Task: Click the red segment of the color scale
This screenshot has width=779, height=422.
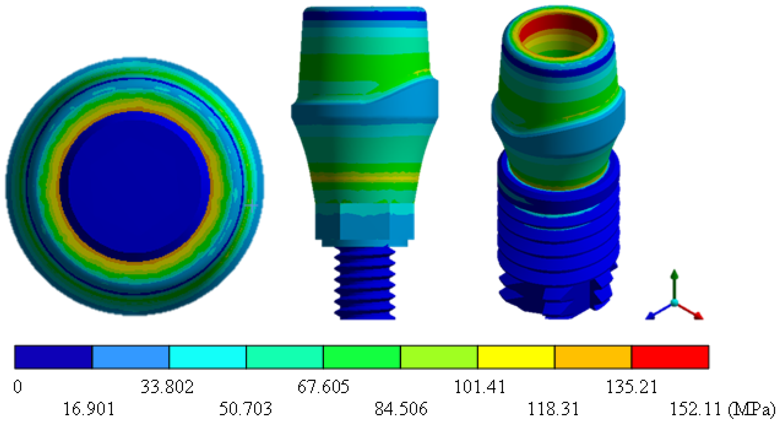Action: coord(670,357)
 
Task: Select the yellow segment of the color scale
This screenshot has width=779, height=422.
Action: coord(516,357)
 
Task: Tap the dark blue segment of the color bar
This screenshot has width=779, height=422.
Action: coord(53,357)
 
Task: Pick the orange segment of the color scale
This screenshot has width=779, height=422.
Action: coord(593,357)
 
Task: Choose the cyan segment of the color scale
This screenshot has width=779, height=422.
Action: coord(208,357)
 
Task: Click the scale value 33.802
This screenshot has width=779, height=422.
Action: coord(167,387)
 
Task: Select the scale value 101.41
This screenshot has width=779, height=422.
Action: coord(480,387)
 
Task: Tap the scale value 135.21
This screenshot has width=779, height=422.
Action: coord(632,387)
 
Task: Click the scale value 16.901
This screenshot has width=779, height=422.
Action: coord(89,409)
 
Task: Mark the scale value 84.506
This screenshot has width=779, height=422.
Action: coord(401,409)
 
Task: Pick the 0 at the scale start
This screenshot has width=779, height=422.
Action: coord(17,387)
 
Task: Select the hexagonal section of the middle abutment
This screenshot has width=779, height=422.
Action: coord(365,222)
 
